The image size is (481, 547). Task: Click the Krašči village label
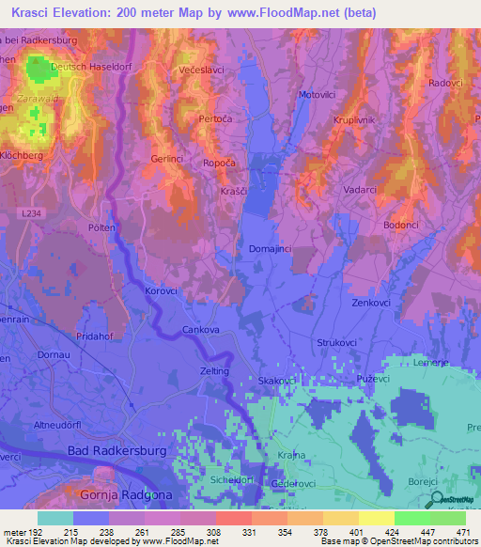[x=235, y=191]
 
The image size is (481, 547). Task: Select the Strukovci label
[x=340, y=343]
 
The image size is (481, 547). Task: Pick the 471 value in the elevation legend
[x=462, y=531]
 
